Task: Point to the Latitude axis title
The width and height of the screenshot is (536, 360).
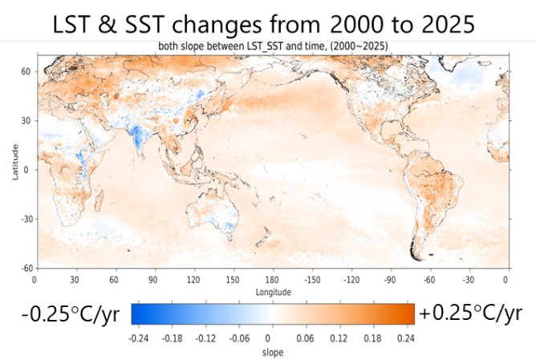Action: point(15,162)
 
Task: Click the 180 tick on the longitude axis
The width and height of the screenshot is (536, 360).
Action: point(270,280)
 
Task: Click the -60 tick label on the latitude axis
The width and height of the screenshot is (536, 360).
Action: point(25,268)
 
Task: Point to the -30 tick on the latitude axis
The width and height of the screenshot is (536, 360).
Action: point(25,219)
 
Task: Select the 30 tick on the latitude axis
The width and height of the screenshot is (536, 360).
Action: point(26,121)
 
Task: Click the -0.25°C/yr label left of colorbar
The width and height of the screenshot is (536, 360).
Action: point(64,314)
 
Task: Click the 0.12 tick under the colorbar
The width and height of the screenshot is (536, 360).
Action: point(339,338)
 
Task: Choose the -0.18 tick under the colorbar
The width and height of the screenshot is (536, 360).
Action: point(173,338)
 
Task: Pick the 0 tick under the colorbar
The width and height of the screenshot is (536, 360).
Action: point(270,338)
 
